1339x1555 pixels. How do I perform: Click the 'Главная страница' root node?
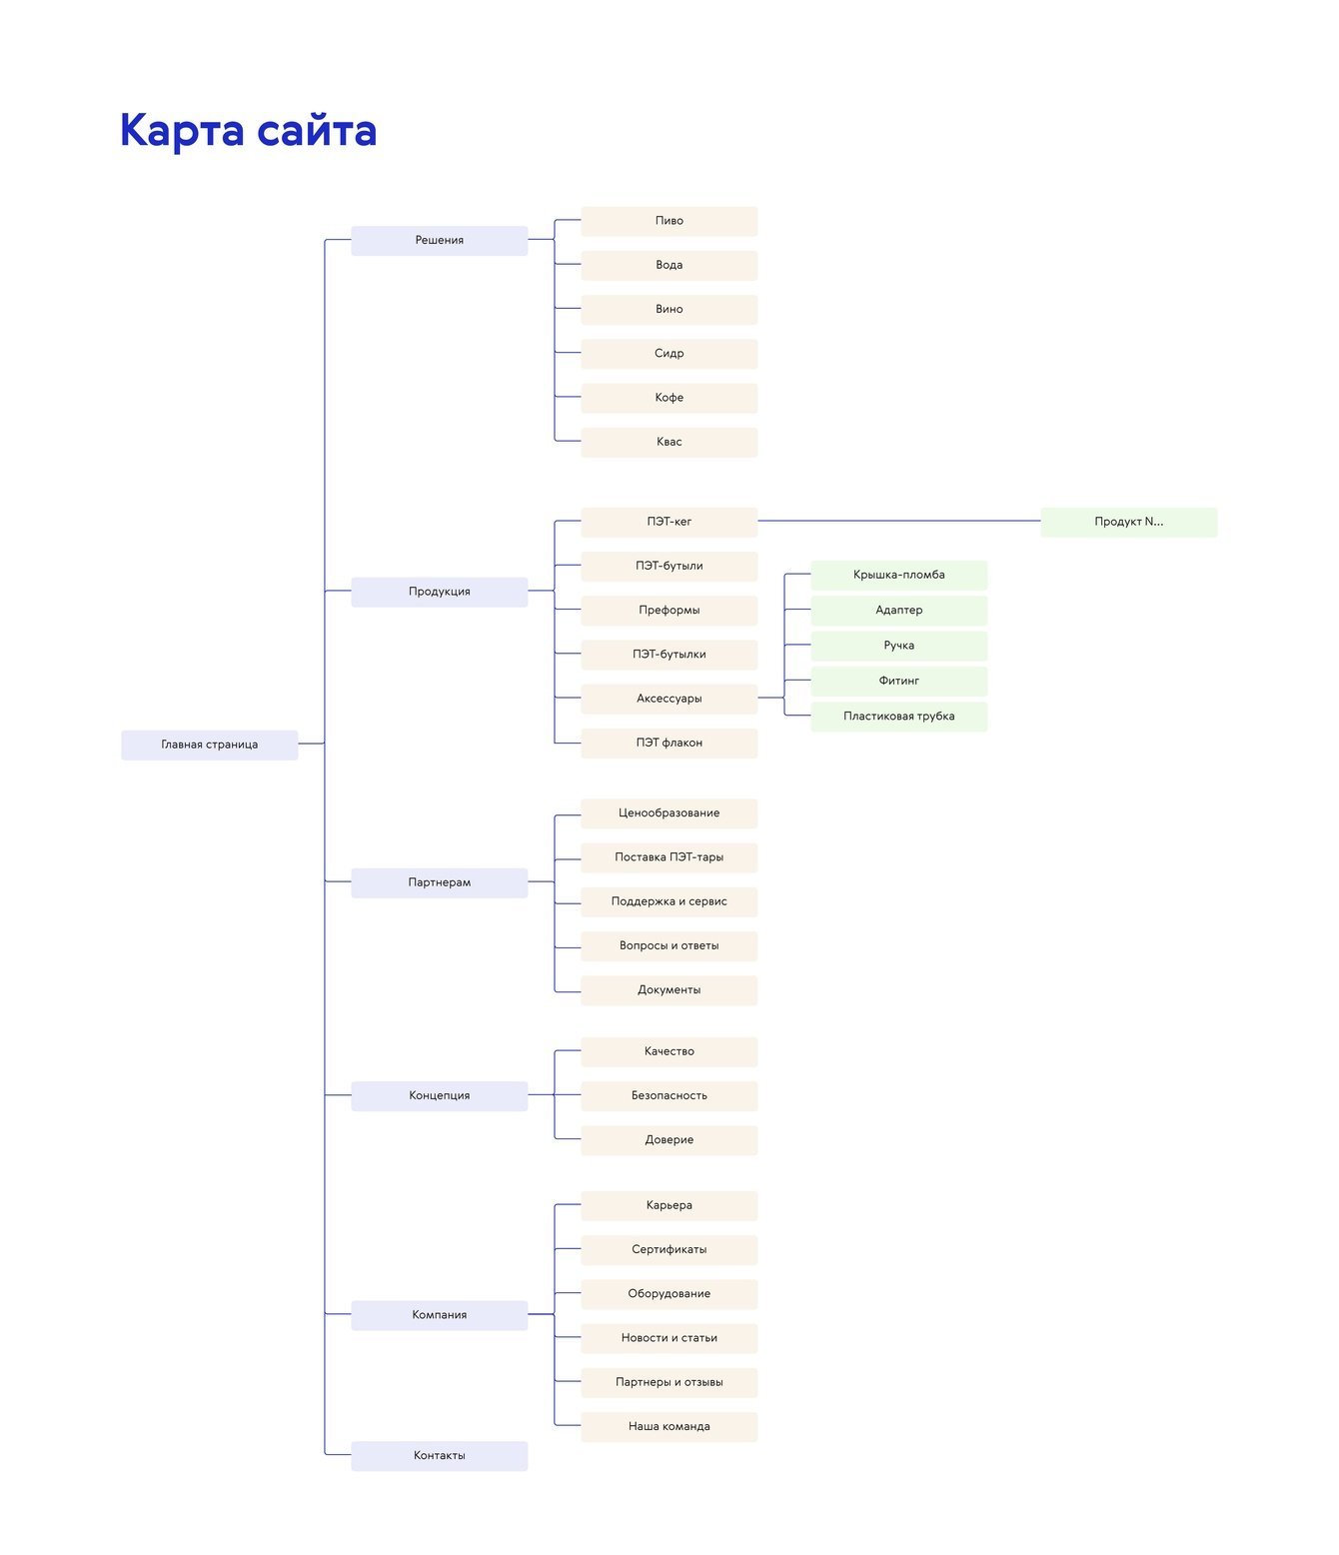point(210,745)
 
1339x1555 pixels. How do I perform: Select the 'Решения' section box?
point(439,240)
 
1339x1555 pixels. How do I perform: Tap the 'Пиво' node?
point(669,221)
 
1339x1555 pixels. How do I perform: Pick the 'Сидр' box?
point(669,354)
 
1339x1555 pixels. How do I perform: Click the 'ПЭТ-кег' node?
point(669,522)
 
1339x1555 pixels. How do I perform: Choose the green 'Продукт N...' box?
point(1128,522)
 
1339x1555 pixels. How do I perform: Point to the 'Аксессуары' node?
point(669,699)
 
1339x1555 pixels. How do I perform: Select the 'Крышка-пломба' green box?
point(898,575)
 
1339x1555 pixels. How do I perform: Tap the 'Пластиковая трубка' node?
point(898,717)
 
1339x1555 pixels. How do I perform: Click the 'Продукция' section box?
point(439,592)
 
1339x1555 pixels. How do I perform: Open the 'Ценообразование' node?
point(669,813)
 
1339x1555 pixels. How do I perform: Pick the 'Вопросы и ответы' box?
point(669,945)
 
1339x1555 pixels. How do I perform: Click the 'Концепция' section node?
point(439,1095)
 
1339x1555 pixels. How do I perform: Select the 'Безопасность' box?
point(669,1095)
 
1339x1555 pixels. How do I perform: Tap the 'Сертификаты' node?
point(669,1249)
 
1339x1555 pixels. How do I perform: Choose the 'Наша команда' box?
point(669,1426)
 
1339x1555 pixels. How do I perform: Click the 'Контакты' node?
point(439,1455)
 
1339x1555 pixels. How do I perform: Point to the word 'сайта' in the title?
point(316,131)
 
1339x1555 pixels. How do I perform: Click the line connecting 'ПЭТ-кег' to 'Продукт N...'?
point(899,521)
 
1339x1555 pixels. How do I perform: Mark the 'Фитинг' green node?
point(898,681)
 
